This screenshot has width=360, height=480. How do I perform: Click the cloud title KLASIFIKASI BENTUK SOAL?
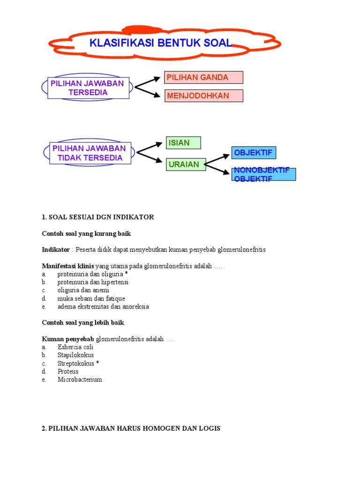point(161,43)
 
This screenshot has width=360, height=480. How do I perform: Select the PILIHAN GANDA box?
point(203,77)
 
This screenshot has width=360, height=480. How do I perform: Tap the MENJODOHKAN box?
point(203,96)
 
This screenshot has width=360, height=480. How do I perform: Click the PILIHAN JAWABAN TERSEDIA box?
point(88,88)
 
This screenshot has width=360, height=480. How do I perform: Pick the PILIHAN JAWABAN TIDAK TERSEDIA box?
point(90,153)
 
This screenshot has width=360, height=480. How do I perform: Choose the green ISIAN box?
point(183,142)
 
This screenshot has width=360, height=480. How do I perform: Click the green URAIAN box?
point(186,164)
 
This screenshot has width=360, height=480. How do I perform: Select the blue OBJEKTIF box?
point(253,153)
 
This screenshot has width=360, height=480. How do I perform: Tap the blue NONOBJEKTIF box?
point(264,174)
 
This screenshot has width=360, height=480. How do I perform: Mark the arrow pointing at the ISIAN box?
point(150,146)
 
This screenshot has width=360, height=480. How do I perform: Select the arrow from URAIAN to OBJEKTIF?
point(218,158)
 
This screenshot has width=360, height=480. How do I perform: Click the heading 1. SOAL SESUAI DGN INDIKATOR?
point(97,217)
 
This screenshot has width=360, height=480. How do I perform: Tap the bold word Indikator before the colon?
point(55,249)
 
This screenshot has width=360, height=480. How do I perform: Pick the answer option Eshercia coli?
point(75,347)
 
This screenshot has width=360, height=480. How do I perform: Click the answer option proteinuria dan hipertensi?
point(93,282)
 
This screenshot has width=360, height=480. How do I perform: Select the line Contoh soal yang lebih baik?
point(83,322)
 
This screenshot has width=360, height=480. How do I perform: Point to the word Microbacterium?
point(80,379)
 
